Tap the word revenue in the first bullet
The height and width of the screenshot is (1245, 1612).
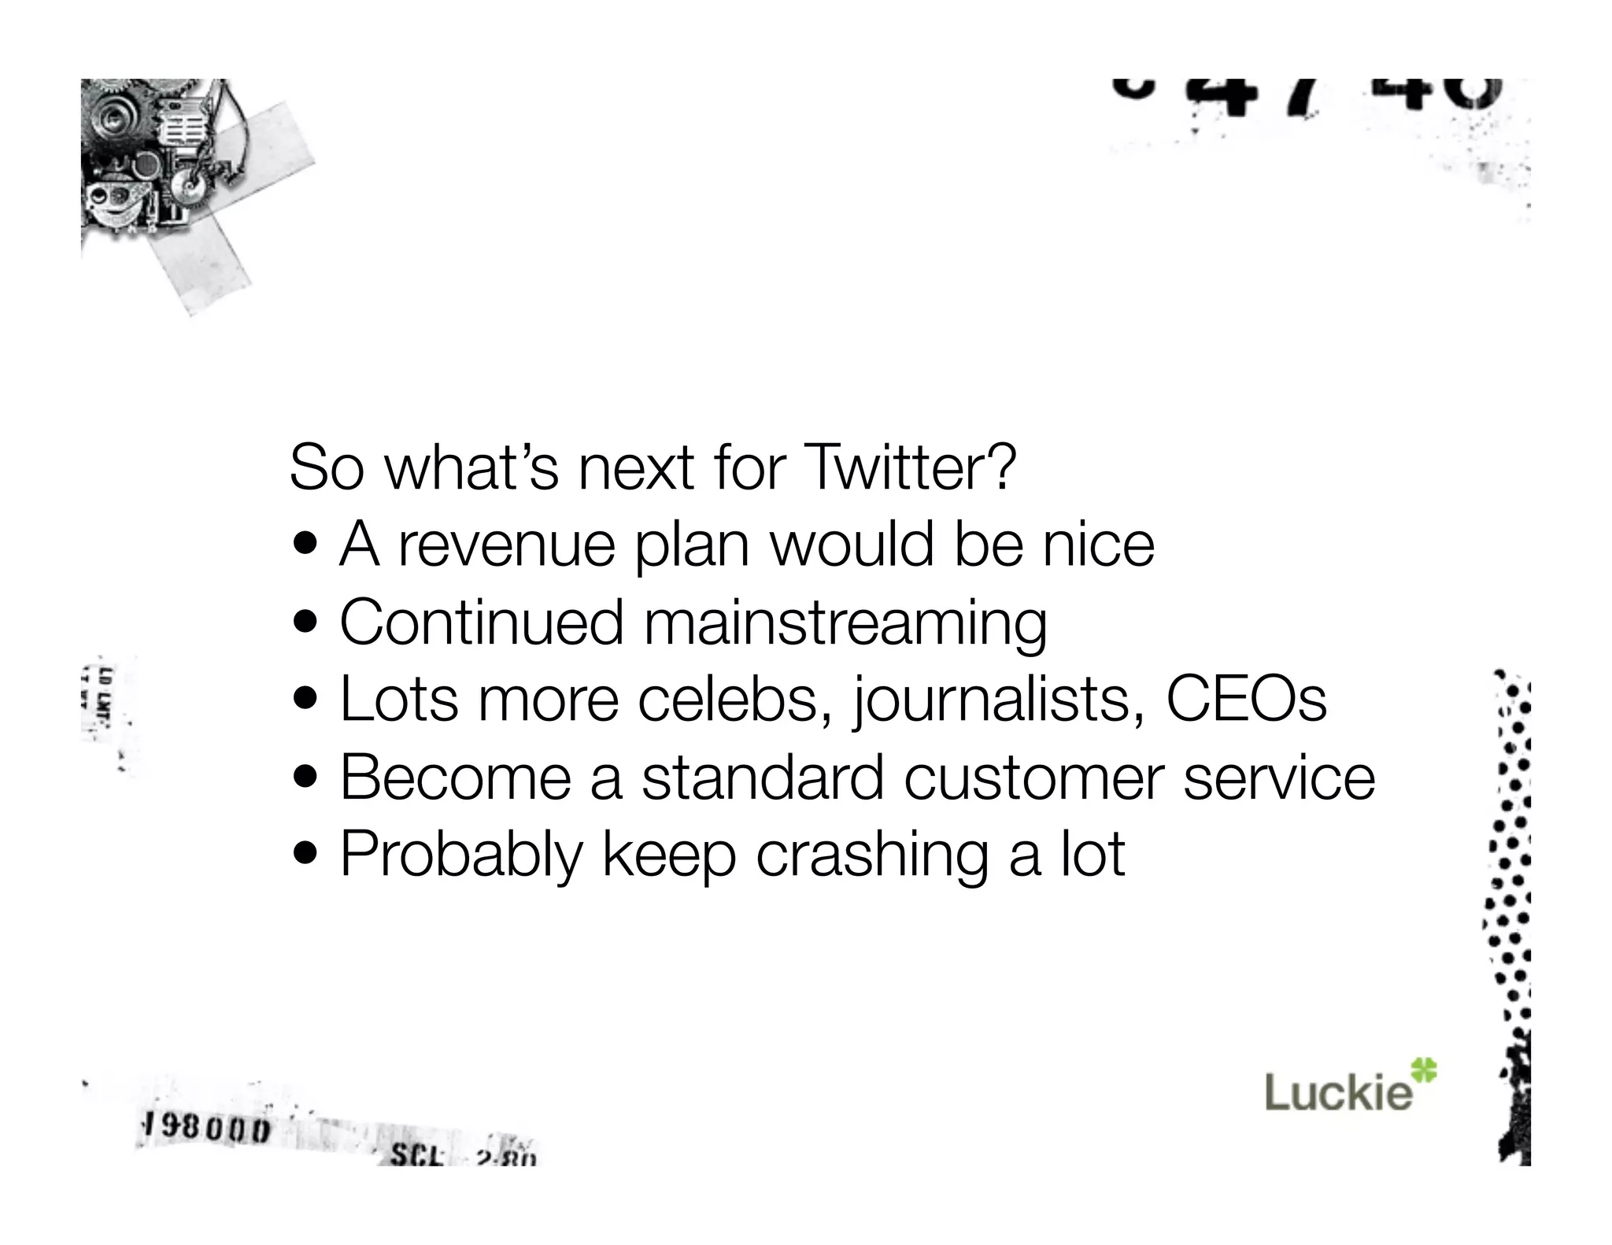coord(506,545)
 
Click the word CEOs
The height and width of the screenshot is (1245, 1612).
coord(1246,699)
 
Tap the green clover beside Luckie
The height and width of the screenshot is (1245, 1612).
coord(1423,1070)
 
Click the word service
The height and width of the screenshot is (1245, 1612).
coord(1279,778)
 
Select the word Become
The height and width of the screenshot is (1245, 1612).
coord(456,778)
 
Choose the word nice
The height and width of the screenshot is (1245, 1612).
coord(1098,545)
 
